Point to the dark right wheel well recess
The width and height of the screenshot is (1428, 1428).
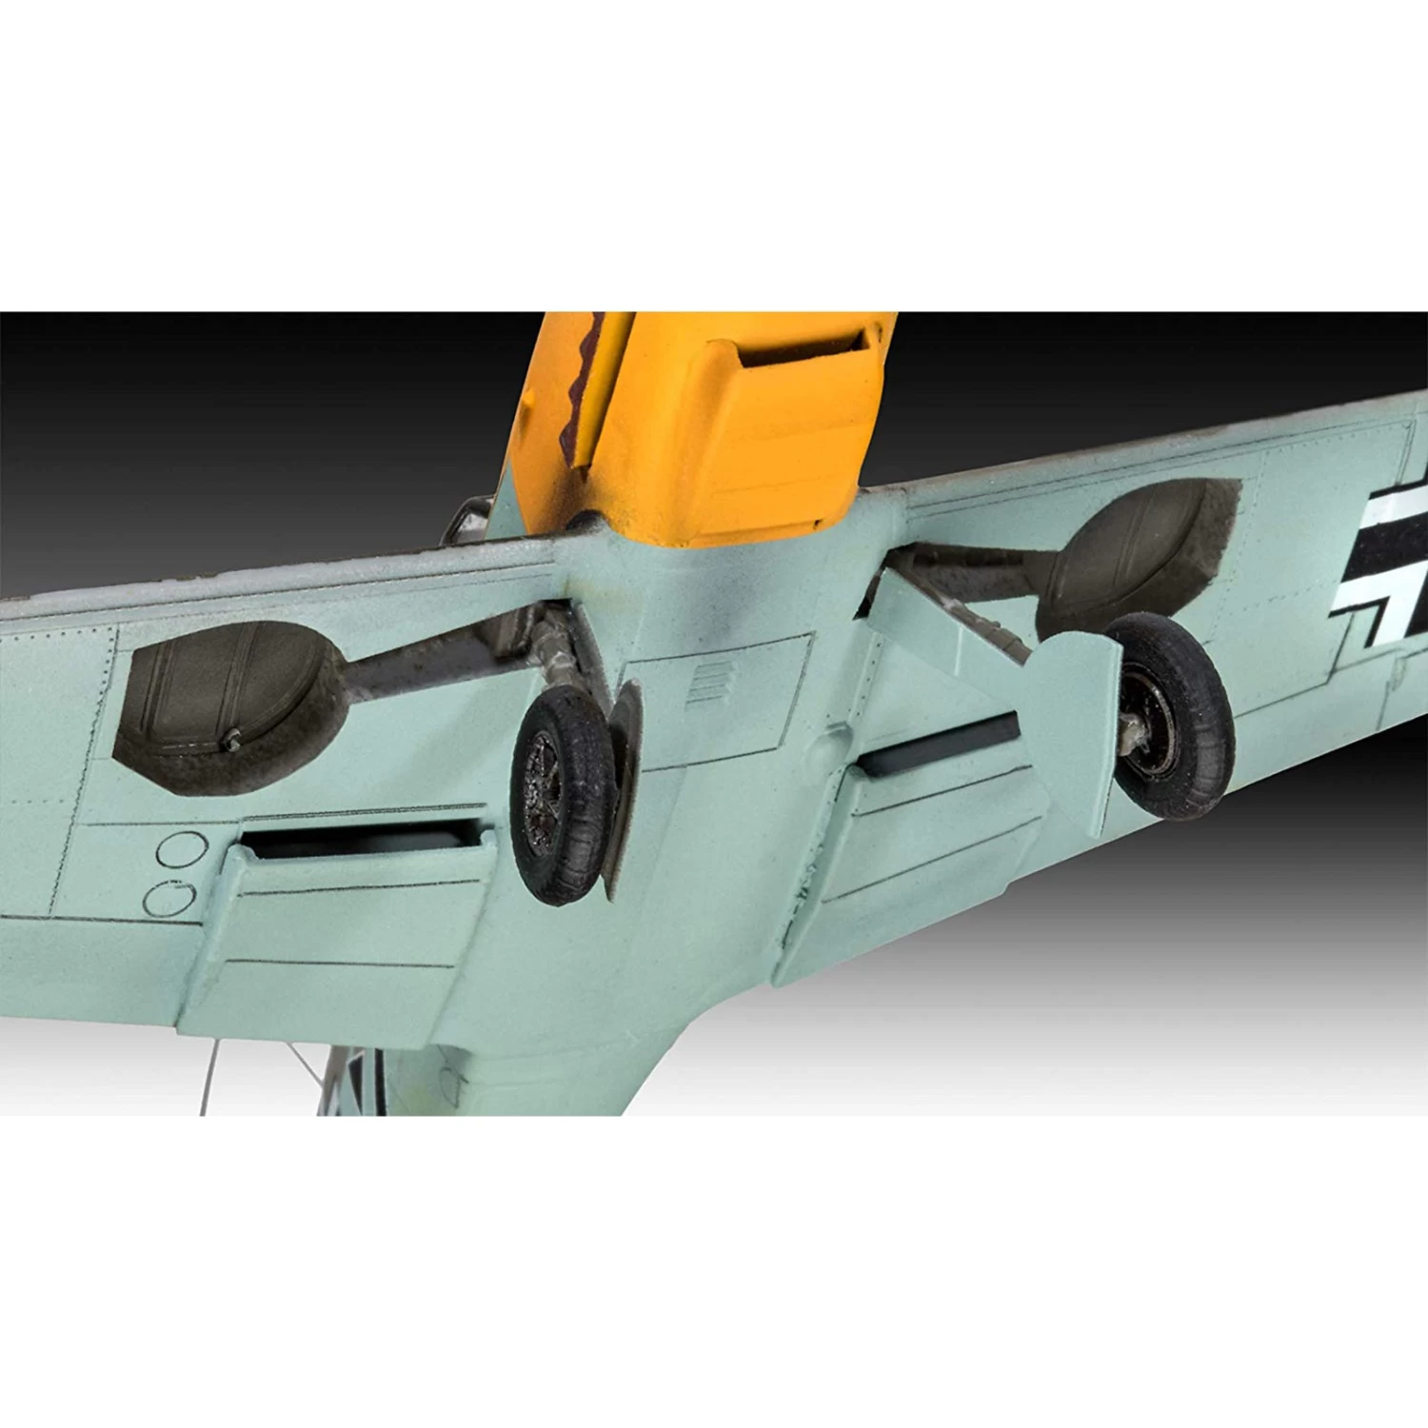coord(1138,547)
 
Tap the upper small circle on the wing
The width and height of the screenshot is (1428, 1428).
coord(181,849)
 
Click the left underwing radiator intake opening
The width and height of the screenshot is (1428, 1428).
coord(362,838)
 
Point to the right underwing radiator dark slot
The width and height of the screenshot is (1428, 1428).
coord(938,733)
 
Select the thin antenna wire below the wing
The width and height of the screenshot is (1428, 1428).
coord(211,1076)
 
